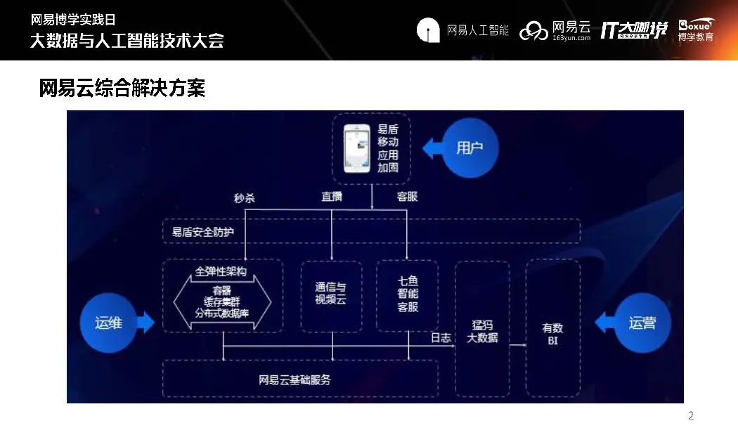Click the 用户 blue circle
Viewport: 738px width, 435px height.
(x=470, y=148)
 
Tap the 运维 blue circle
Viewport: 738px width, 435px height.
(x=108, y=323)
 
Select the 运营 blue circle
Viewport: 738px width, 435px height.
(x=642, y=323)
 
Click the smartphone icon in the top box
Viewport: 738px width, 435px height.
(x=356, y=148)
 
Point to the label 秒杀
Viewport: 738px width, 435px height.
(x=244, y=197)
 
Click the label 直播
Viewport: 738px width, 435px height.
(x=331, y=197)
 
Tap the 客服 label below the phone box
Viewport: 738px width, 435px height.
(x=407, y=197)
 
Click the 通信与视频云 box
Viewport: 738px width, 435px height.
(x=331, y=295)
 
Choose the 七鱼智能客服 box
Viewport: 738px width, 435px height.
(x=407, y=295)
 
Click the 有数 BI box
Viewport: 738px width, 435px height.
(x=552, y=335)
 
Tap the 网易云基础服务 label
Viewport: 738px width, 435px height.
(x=294, y=380)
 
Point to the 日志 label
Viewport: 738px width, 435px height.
(x=441, y=337)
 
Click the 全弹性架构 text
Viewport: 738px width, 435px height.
(x=221, y=271)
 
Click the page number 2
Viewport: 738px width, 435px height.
(x=690, y=416)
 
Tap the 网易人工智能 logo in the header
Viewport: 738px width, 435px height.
(x=462, y=30)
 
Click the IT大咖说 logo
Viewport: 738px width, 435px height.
(x=633, y=30)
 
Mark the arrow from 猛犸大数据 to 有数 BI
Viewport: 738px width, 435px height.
(x=518, y=345)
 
